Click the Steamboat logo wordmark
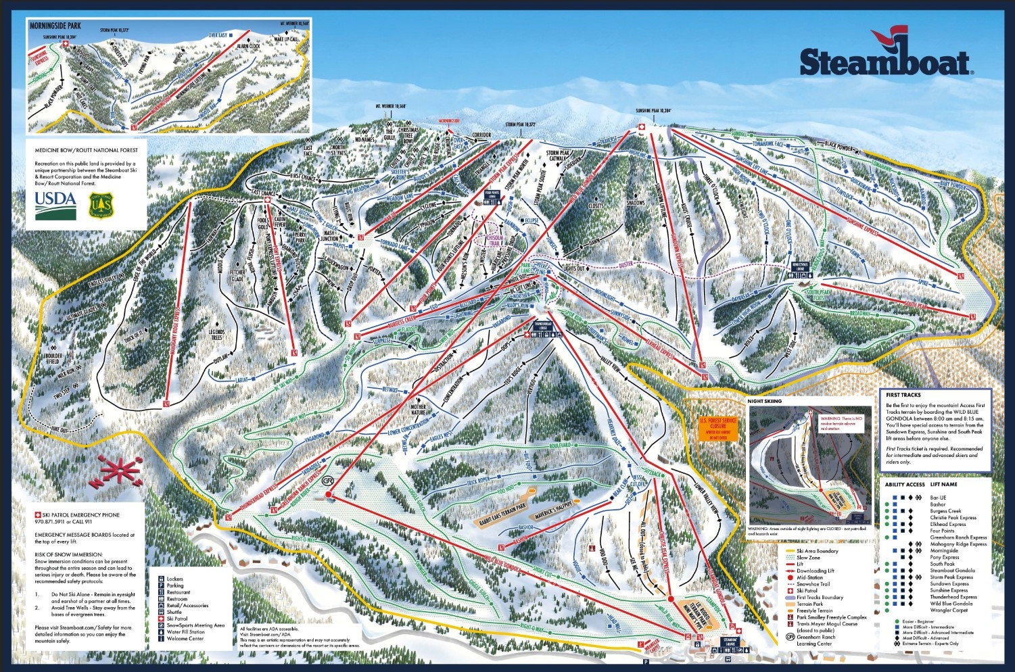[884, 62]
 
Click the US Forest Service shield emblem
[99, 205]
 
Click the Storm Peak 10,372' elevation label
[521, 125]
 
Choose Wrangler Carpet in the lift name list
[949, 610]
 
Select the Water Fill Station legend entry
[188, 631]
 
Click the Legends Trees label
[216, 334]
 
